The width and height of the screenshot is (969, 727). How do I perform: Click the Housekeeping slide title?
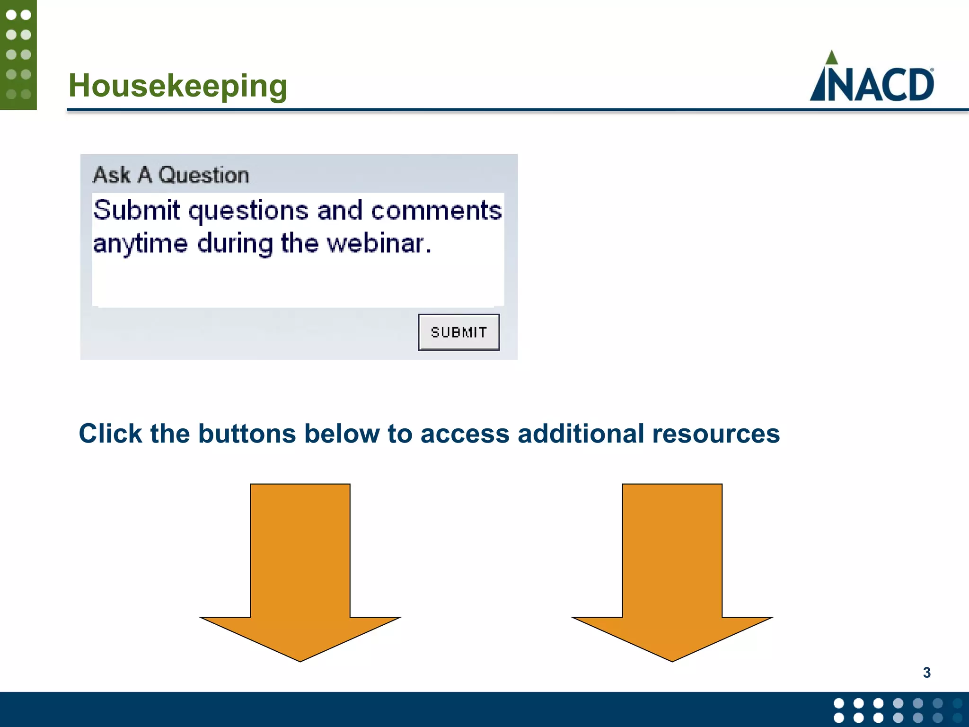coord(178,86)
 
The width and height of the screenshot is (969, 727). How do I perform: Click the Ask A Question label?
coord(171,175)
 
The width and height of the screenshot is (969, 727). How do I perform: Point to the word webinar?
coord(379,244)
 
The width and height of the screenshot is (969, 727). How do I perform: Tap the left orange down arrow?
coord(300,568)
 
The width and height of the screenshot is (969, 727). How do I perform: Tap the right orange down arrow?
coord(672,568)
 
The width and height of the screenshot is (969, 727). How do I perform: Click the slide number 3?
coord(926,673)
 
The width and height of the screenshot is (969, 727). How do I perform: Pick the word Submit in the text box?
coord(136,210)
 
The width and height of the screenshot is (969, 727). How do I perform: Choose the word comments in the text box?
coord(436,211)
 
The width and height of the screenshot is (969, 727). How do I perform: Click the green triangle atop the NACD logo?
coord(831,58)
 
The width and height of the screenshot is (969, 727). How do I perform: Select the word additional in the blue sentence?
coord(581,434)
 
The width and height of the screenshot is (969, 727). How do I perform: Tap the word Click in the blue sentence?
coord(110,434)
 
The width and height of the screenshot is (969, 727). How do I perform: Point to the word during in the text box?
coord(235,244)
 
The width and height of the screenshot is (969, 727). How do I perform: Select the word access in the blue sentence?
coord(465,434)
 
